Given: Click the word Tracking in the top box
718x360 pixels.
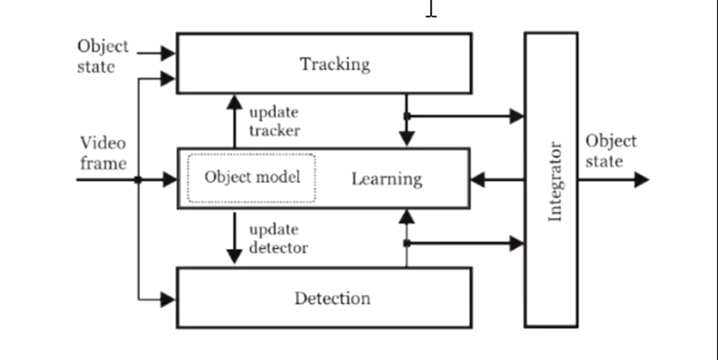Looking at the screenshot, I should pos(335,64).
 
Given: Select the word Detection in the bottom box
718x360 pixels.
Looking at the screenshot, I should pos(332,298).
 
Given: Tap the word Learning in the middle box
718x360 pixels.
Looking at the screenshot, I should pos(387,179).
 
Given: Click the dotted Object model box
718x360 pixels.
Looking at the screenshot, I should pos(251,178).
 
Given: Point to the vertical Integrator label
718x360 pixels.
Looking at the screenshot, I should pos(555,181).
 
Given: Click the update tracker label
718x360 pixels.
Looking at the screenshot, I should pos(274,121).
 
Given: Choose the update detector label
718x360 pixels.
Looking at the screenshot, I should pos(278,238).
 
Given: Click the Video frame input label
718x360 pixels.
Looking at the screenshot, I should pos(103,153).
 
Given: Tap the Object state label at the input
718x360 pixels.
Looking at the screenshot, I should pos(103,56).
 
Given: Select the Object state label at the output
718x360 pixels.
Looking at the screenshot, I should pos(610,151).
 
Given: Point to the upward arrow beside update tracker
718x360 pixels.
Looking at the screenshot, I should pos(234,103).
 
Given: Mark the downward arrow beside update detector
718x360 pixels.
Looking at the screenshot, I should pos(234,255).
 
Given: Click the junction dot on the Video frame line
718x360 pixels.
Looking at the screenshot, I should pos(138,180).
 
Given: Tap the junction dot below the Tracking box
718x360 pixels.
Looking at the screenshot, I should pos(407,116).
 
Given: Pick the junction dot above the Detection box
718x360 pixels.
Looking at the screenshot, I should pos(407,243).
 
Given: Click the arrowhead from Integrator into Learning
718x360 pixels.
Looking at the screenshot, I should pos(478,180).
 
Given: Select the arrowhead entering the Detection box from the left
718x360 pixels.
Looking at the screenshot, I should pos(168,300).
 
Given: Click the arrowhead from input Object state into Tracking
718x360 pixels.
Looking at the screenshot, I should pos(168,53).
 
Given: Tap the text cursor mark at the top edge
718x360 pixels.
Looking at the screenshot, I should pos(431,9).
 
